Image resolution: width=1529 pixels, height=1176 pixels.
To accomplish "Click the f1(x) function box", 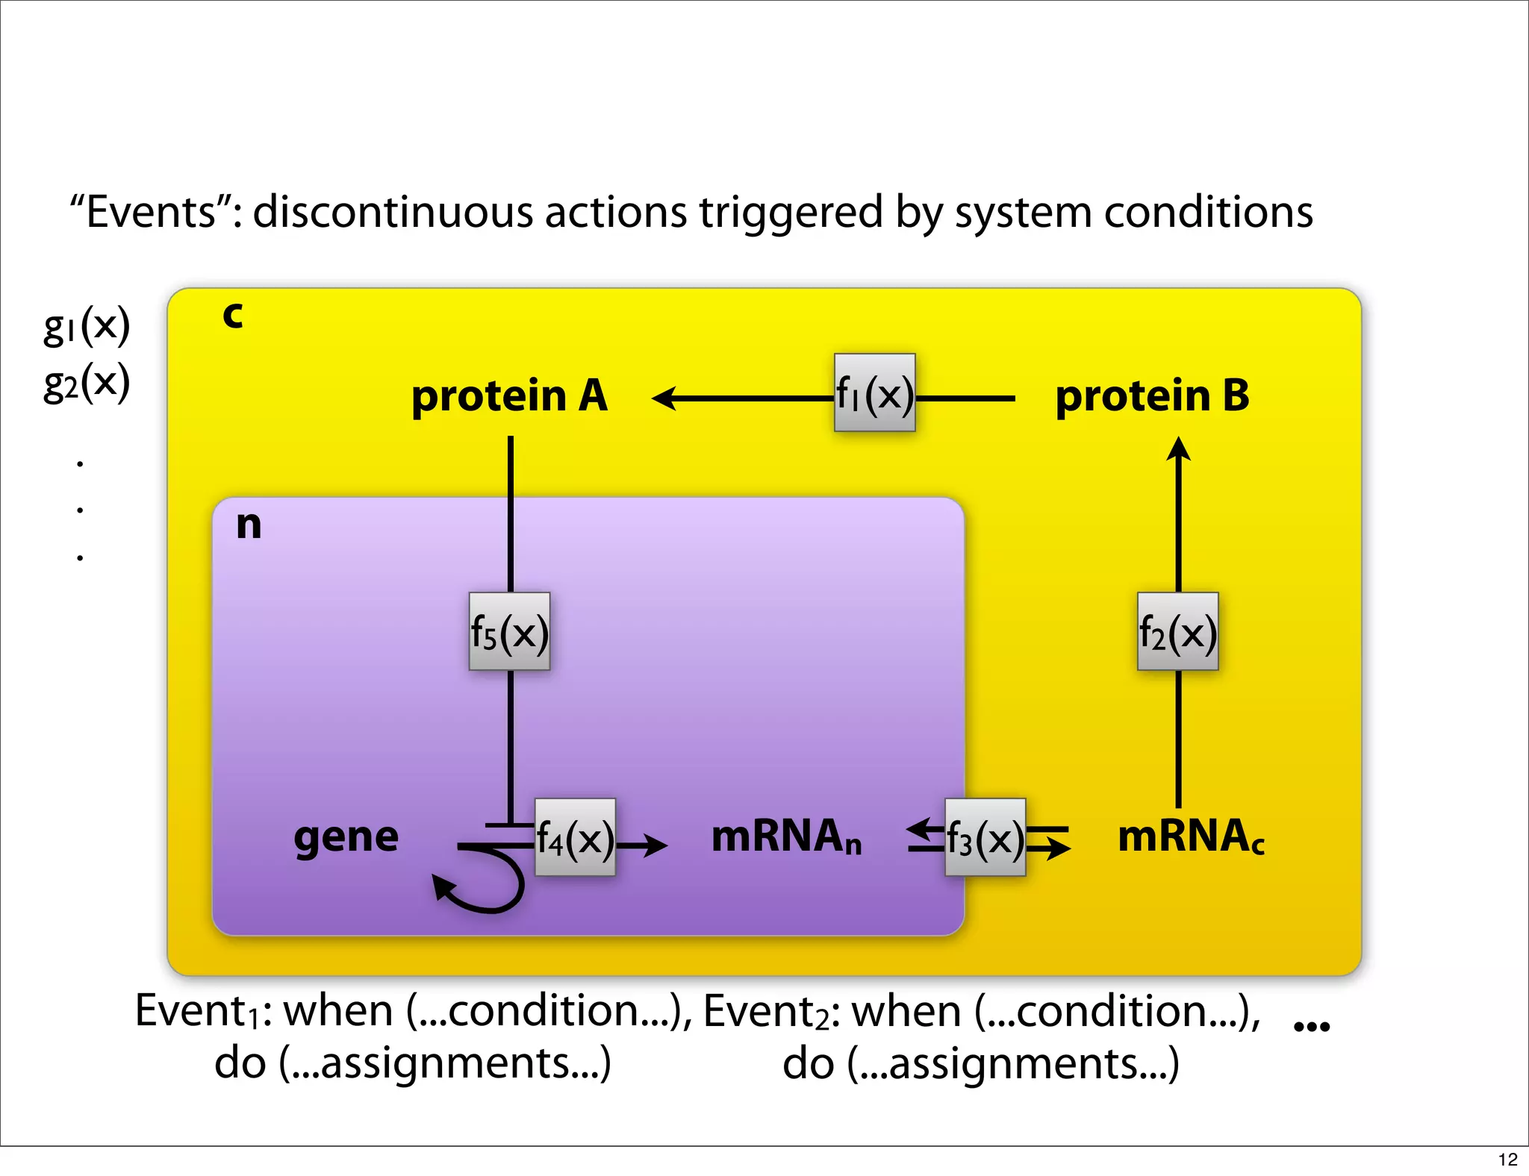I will point(874,393).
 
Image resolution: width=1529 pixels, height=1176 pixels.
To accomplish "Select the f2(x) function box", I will point(1177,632).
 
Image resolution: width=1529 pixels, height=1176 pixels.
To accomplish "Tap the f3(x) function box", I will point(985,838).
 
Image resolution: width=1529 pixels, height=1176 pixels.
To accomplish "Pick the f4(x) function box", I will point(575,838).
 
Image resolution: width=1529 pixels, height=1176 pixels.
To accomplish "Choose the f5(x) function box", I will point(509,632).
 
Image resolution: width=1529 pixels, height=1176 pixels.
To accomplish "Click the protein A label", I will point(509,395).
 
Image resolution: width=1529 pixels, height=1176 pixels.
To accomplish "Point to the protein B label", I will point(1152,395).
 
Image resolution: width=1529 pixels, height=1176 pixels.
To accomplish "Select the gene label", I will point(346,837).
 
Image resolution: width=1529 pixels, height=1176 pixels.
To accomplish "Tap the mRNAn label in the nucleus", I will point(786,836).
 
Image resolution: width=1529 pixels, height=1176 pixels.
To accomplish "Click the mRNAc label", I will point(1191,836).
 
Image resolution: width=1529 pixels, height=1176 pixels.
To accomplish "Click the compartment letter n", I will point(249,525).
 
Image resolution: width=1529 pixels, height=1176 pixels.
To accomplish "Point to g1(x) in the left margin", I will point(87,325).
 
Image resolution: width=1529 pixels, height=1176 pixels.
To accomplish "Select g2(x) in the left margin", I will point(87,383).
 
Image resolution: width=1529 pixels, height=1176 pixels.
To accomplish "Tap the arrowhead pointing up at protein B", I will point(1178,448).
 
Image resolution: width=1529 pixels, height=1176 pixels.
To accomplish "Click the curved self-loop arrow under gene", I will point(485,888).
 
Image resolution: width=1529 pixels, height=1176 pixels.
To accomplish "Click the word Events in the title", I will point(152,213).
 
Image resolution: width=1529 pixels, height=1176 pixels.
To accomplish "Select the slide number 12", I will point(1507,1160).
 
